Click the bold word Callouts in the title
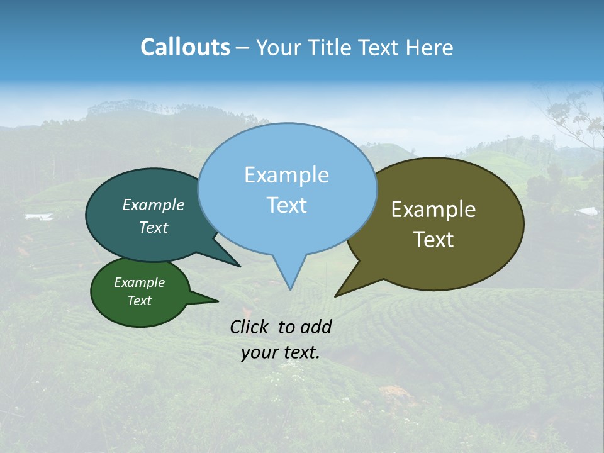(185, 47)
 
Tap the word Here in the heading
(430, 47)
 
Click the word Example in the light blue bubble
(286, 174)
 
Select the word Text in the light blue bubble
(286, 204)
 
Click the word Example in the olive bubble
(433, 209)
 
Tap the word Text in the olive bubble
(433, 239)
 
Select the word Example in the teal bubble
(153, 204)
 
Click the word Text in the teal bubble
(153, 227)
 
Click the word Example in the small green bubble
(139, 282)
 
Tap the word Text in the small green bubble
(139, 301)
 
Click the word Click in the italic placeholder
(250, 327)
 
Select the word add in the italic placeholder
(315, 327)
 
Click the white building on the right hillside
(586, 211)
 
